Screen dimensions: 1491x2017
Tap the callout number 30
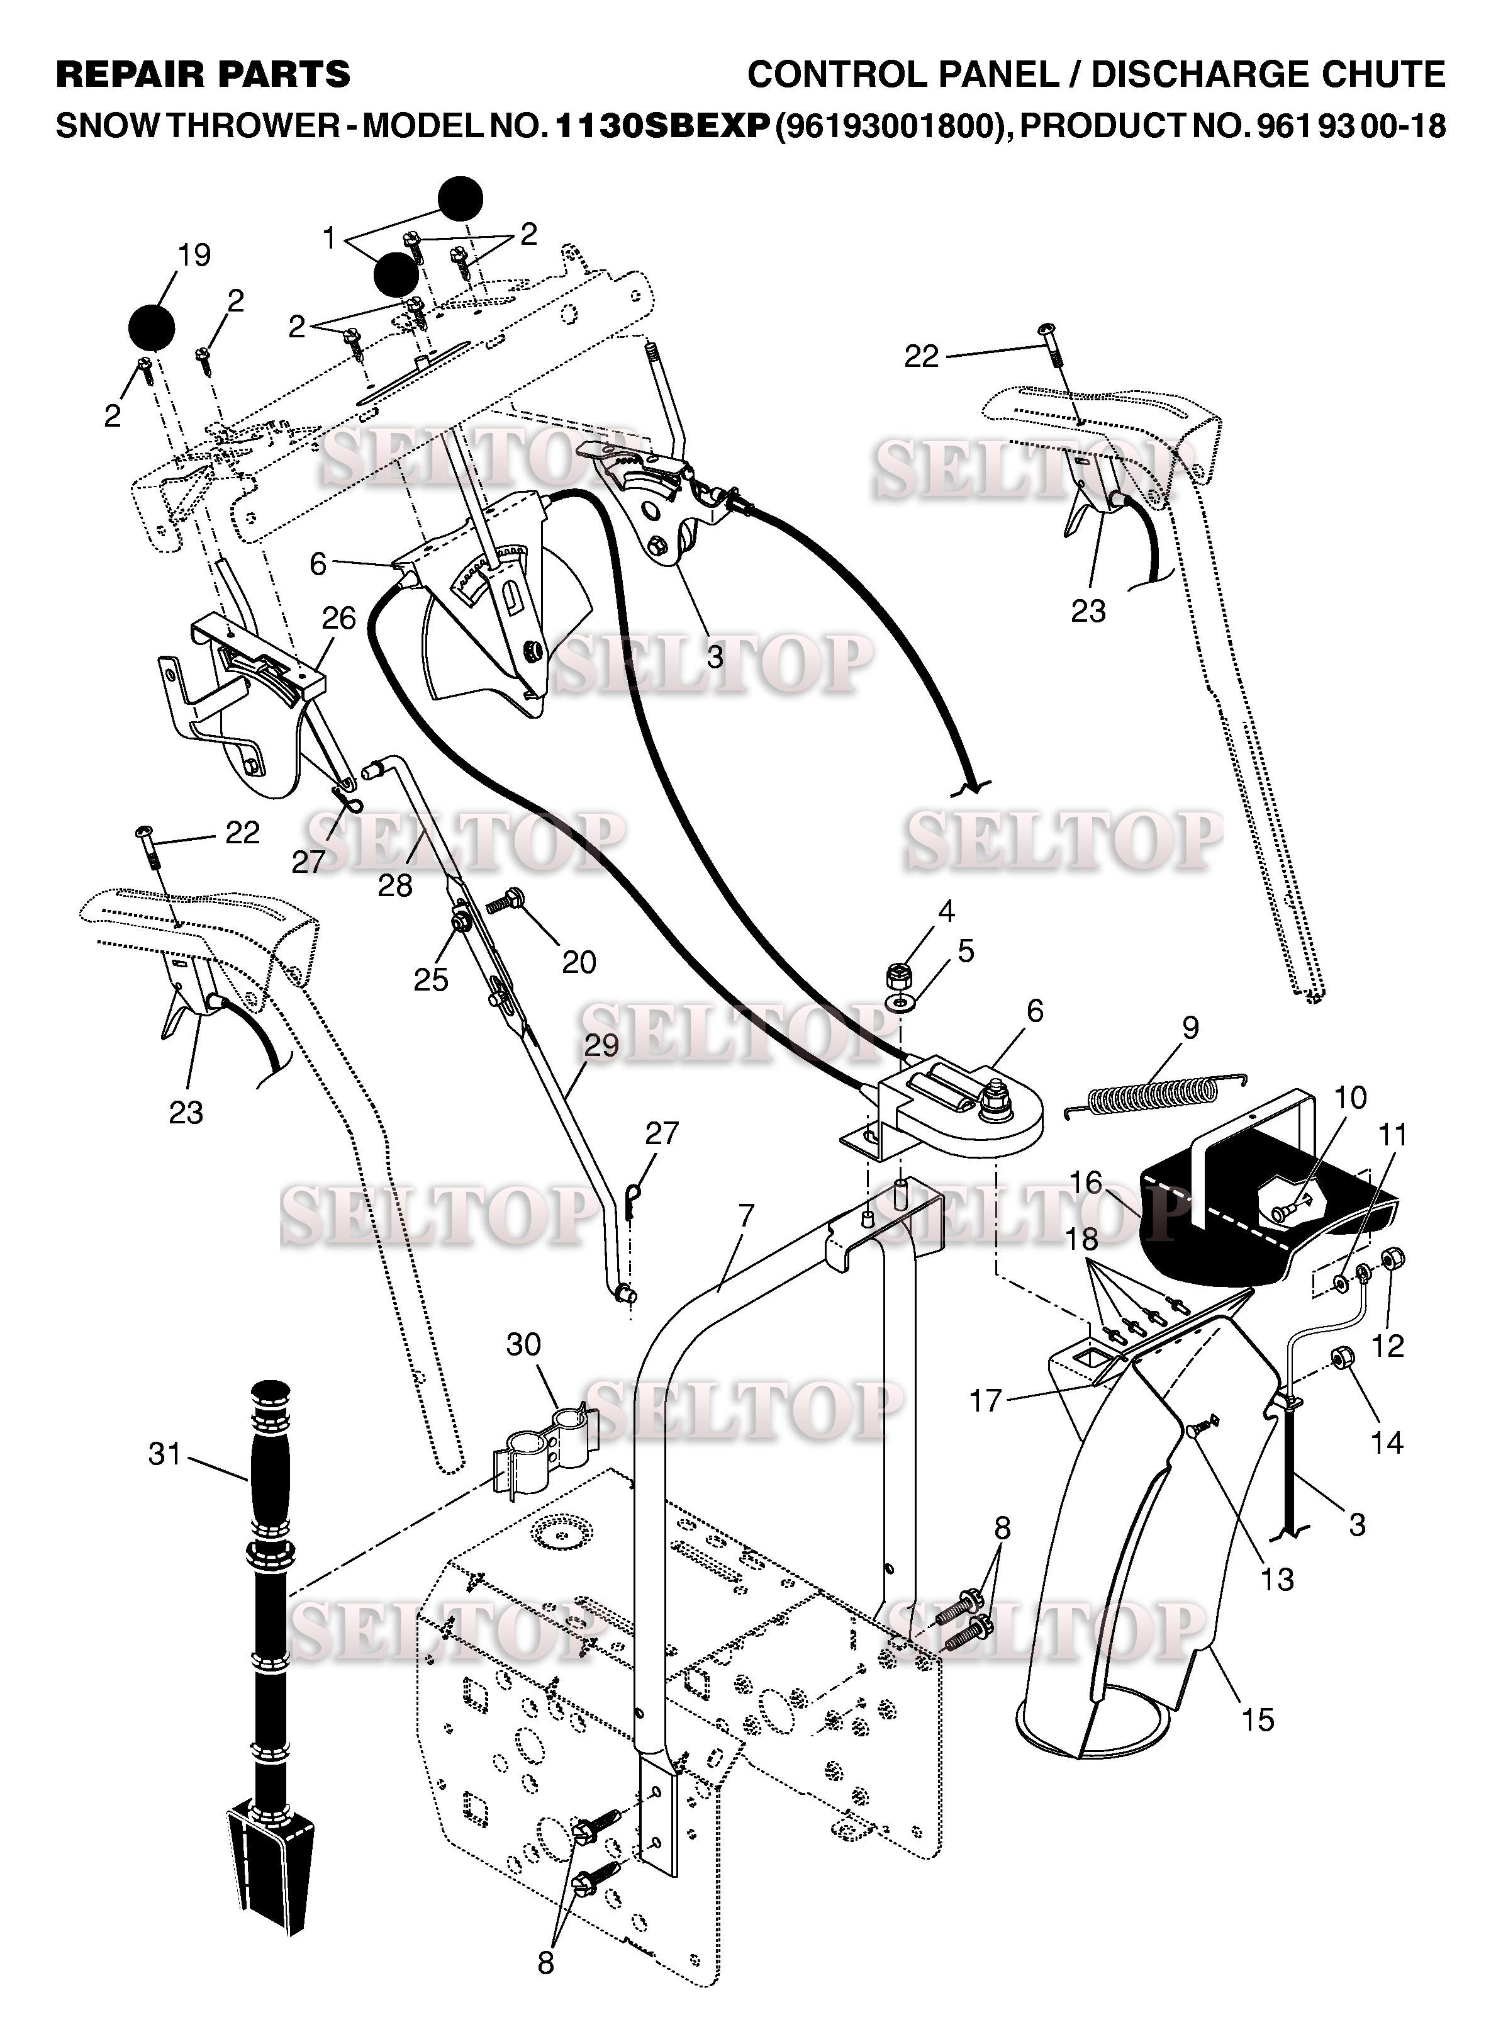tap(523, 1344)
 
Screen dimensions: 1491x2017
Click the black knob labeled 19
tap(152, 327)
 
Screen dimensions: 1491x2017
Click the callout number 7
tap(745, 1215)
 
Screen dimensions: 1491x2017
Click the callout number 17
tap(986, 1400)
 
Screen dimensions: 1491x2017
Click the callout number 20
tap(579, 962)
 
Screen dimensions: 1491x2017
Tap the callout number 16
tap(1086, 1182)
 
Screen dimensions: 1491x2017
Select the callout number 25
tap(430, 980)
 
